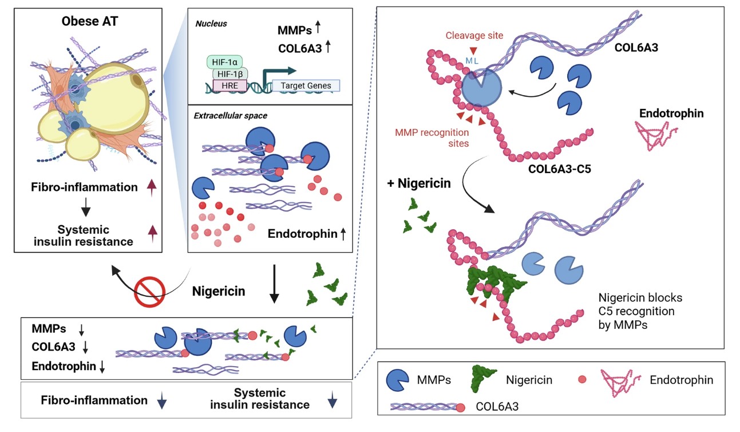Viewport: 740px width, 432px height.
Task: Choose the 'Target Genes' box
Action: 306,85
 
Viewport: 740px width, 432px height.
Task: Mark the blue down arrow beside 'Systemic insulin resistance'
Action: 332,402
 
